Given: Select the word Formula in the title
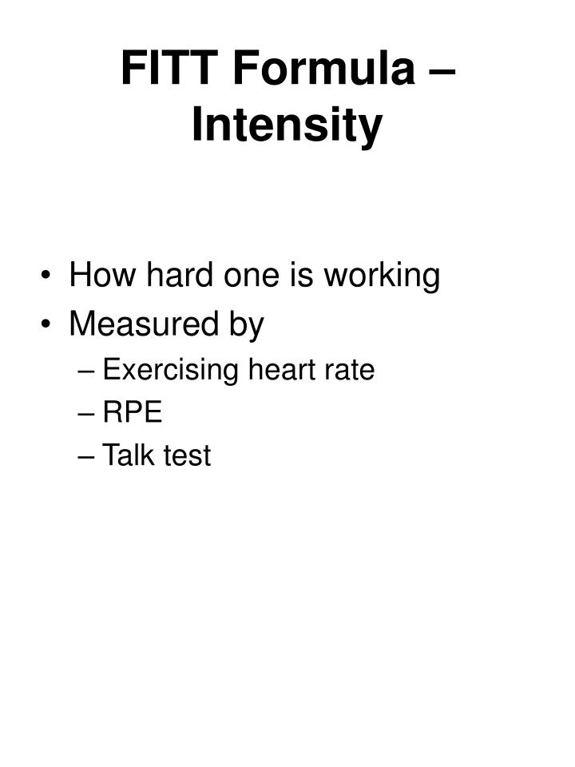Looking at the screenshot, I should coord(324,69).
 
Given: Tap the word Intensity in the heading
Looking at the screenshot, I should coord(287,125).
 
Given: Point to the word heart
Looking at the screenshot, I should coord(280,370).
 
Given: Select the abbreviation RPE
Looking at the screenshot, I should coord(133,413).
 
